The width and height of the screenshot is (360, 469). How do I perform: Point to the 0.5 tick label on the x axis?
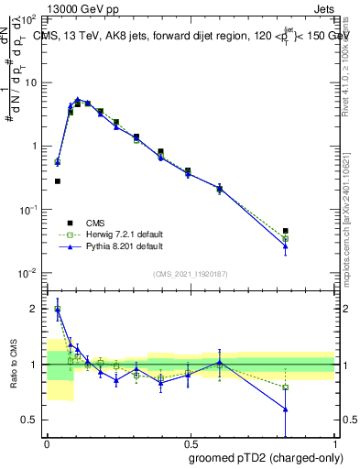point(190,442)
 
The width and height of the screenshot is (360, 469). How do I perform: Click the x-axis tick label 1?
point(335,442)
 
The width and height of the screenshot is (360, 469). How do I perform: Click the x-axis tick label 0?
point(46,442)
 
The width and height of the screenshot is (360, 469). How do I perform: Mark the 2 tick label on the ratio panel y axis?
point(35,309)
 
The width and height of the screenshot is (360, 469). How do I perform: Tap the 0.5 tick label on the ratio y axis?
point(31,420)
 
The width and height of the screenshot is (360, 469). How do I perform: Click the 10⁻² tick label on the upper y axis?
point(29,273)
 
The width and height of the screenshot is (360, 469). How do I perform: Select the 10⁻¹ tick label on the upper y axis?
point(29,210)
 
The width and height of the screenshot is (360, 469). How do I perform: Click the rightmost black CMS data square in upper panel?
point(286,231)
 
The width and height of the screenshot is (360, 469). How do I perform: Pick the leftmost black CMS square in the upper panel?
point(58,181)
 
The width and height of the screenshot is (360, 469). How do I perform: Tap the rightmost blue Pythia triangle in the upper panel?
point(286,245)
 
